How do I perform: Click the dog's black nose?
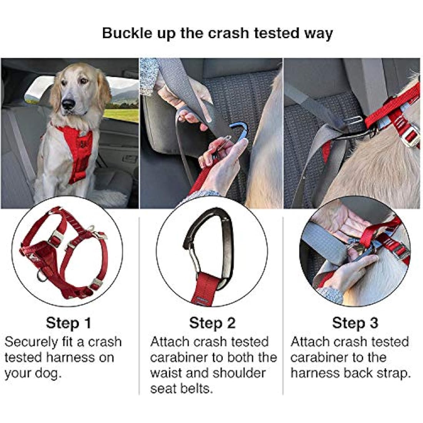68,104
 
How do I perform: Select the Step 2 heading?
212,323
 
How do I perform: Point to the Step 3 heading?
355,323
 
